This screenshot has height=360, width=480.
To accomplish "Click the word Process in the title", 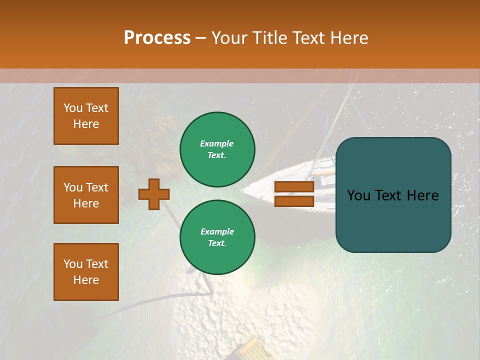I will click(157, 38).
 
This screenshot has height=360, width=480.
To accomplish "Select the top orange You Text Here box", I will click(86, 116).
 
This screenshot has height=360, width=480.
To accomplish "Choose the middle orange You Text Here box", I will click(86, 195).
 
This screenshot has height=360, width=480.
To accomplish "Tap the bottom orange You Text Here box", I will click(86, 272).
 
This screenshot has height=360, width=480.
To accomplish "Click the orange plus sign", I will click(154, 194).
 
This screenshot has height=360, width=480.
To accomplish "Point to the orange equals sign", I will click(294, 194).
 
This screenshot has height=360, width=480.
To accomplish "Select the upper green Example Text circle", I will click(217, 149).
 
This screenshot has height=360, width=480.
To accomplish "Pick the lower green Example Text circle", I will click(217, 237).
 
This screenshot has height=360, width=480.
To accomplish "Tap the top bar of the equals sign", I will click(294, 187).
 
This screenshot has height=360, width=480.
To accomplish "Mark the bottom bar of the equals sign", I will click(294, 201).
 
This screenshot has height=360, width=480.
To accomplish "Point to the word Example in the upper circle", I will click(217, 143).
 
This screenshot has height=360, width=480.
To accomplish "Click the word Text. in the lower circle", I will click(217, 243).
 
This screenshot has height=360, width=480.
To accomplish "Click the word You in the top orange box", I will click(73, 108).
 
